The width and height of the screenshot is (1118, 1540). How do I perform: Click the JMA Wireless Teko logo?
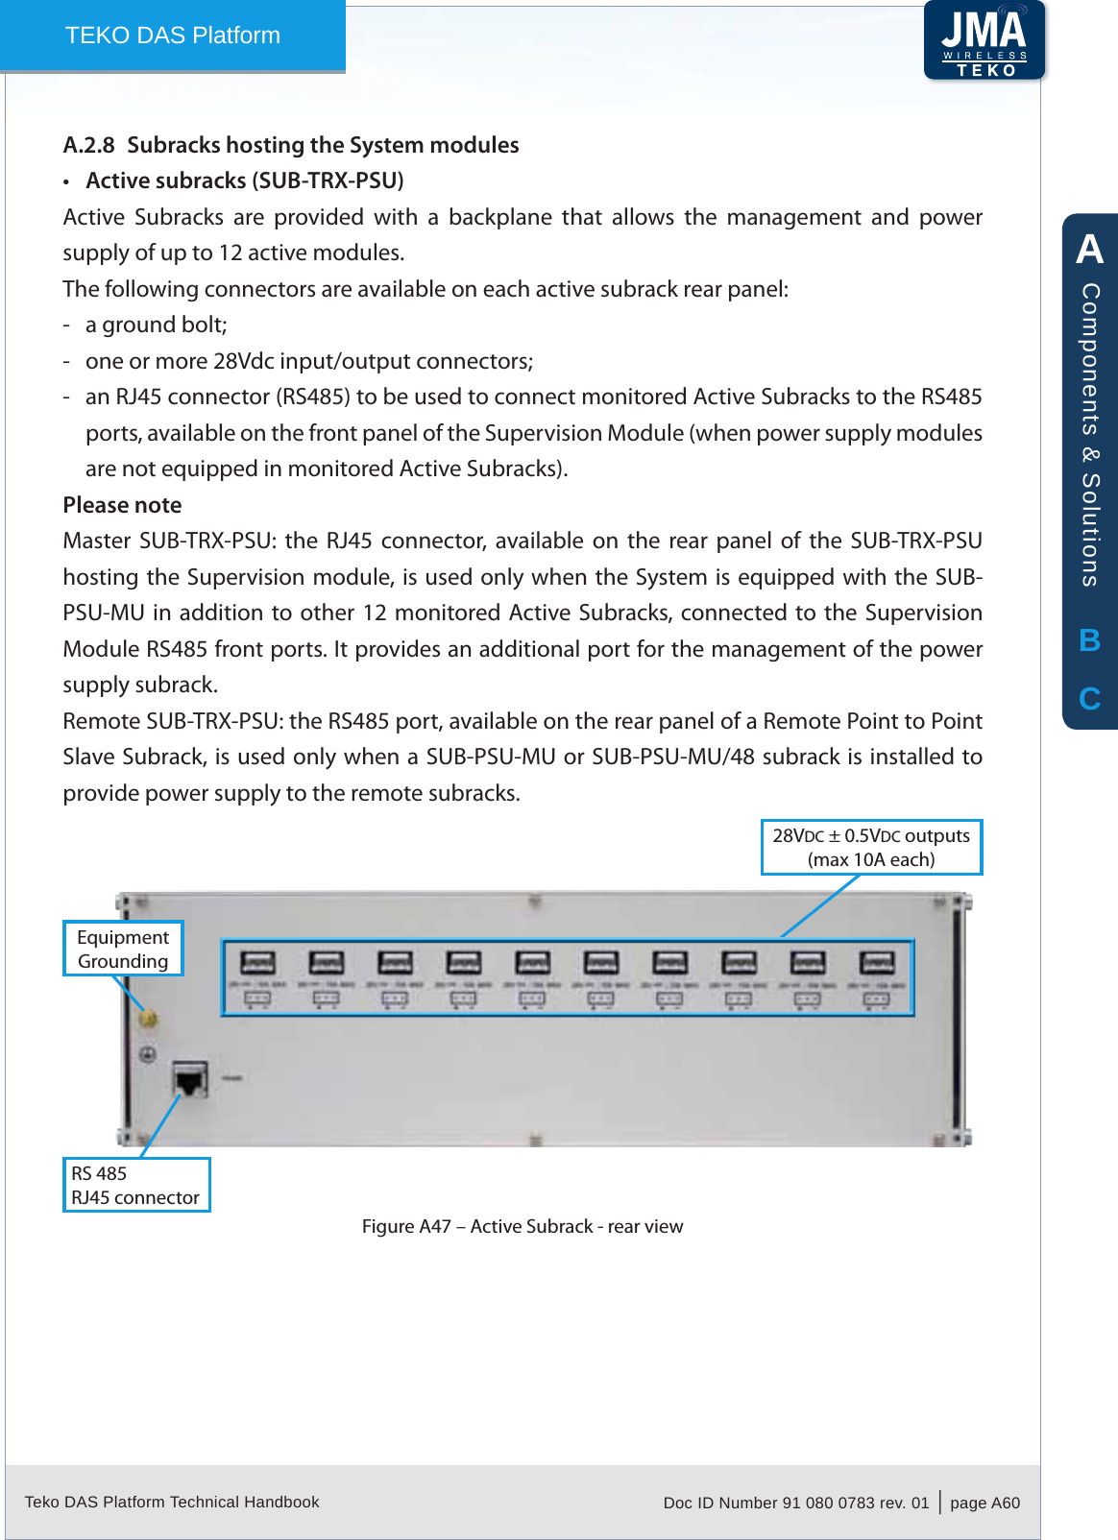984,40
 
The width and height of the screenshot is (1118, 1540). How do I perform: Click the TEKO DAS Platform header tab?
173,36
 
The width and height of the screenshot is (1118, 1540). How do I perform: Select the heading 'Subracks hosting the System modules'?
323,145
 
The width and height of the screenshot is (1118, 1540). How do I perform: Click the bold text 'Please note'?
122,505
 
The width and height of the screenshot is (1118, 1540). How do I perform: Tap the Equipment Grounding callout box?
123,949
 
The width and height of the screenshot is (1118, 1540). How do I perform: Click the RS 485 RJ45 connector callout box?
135,1185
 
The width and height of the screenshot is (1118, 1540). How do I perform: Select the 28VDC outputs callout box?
871,847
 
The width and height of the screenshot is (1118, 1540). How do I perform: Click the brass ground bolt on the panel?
149,1020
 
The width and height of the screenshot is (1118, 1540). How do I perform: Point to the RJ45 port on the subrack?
190,1080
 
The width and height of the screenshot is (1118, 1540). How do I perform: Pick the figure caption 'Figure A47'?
522,1226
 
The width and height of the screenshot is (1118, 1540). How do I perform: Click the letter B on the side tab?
1089,640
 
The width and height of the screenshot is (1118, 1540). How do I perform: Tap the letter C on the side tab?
1089,698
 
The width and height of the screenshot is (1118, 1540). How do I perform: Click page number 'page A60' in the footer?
984,1503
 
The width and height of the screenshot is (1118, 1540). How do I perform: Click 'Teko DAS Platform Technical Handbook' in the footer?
172,1502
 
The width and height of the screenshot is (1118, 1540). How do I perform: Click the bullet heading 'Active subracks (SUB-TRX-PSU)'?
244,180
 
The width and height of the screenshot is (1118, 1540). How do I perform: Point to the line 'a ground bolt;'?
156,325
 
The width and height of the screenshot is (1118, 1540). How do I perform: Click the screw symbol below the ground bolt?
148,1054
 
